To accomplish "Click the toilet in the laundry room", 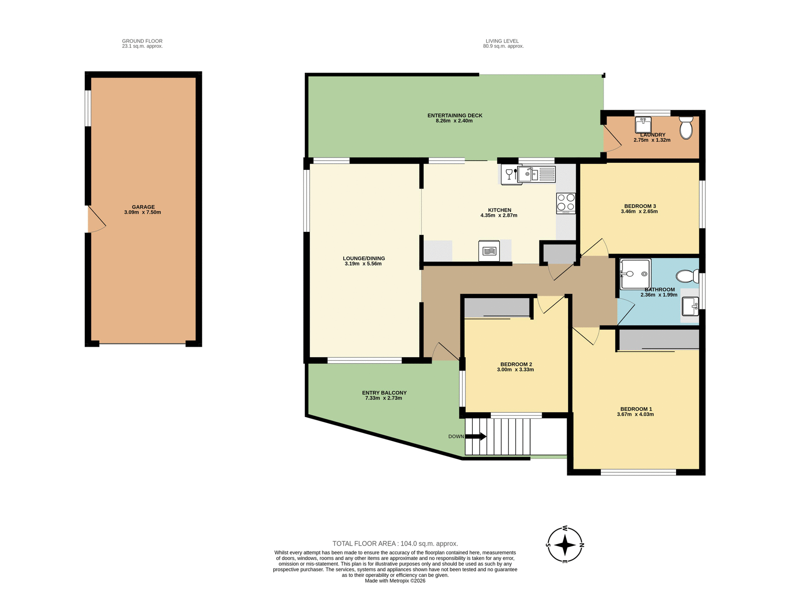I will [x=686, y=128].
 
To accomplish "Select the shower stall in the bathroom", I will [x=635, y=274].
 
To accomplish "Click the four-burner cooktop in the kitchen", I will [x=566, y=203].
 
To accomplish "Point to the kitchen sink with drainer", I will [x=537, y=174].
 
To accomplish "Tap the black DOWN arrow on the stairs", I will [x=476, y=437].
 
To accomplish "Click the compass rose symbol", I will [x=565, y=545].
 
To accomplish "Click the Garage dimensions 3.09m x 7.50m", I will [x=142, y=213].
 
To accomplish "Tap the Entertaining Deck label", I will [x=455, y=116].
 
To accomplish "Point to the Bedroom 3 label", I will [x=640, y=206].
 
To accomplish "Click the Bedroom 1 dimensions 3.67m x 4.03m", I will [x=635, y=414].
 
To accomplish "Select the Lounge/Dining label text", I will [x=364, y=259].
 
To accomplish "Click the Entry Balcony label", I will [x=384, y=393].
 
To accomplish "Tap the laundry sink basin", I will [x=643, y=125].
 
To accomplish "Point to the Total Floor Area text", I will [x=395, y=543].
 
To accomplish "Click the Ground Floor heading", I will [x=142, y=41].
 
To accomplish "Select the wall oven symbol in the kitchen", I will [x=489, y=251].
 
